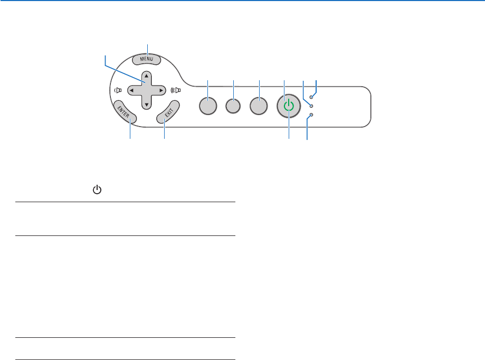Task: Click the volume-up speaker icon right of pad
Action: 176,90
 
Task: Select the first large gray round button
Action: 208,106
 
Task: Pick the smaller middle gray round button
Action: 233,106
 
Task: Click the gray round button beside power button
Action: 259,106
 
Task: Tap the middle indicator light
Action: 311,106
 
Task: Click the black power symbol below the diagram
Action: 97,189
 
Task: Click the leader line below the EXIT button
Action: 164,132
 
